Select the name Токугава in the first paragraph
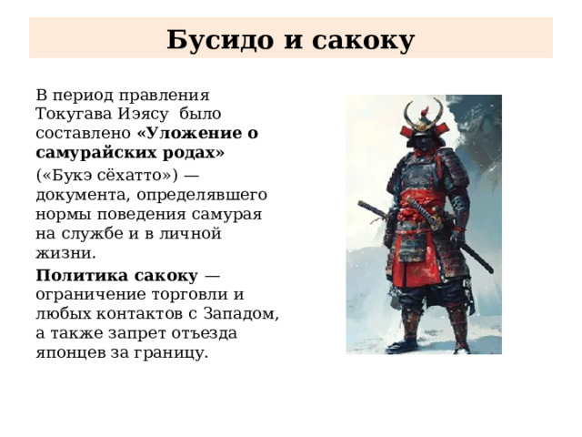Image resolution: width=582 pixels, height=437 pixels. tap(73, 114)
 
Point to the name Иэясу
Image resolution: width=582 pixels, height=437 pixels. tap(144, 114)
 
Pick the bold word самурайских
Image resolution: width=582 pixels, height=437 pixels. tap(95, 152)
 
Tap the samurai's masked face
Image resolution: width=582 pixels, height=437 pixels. tap(426, 138)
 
